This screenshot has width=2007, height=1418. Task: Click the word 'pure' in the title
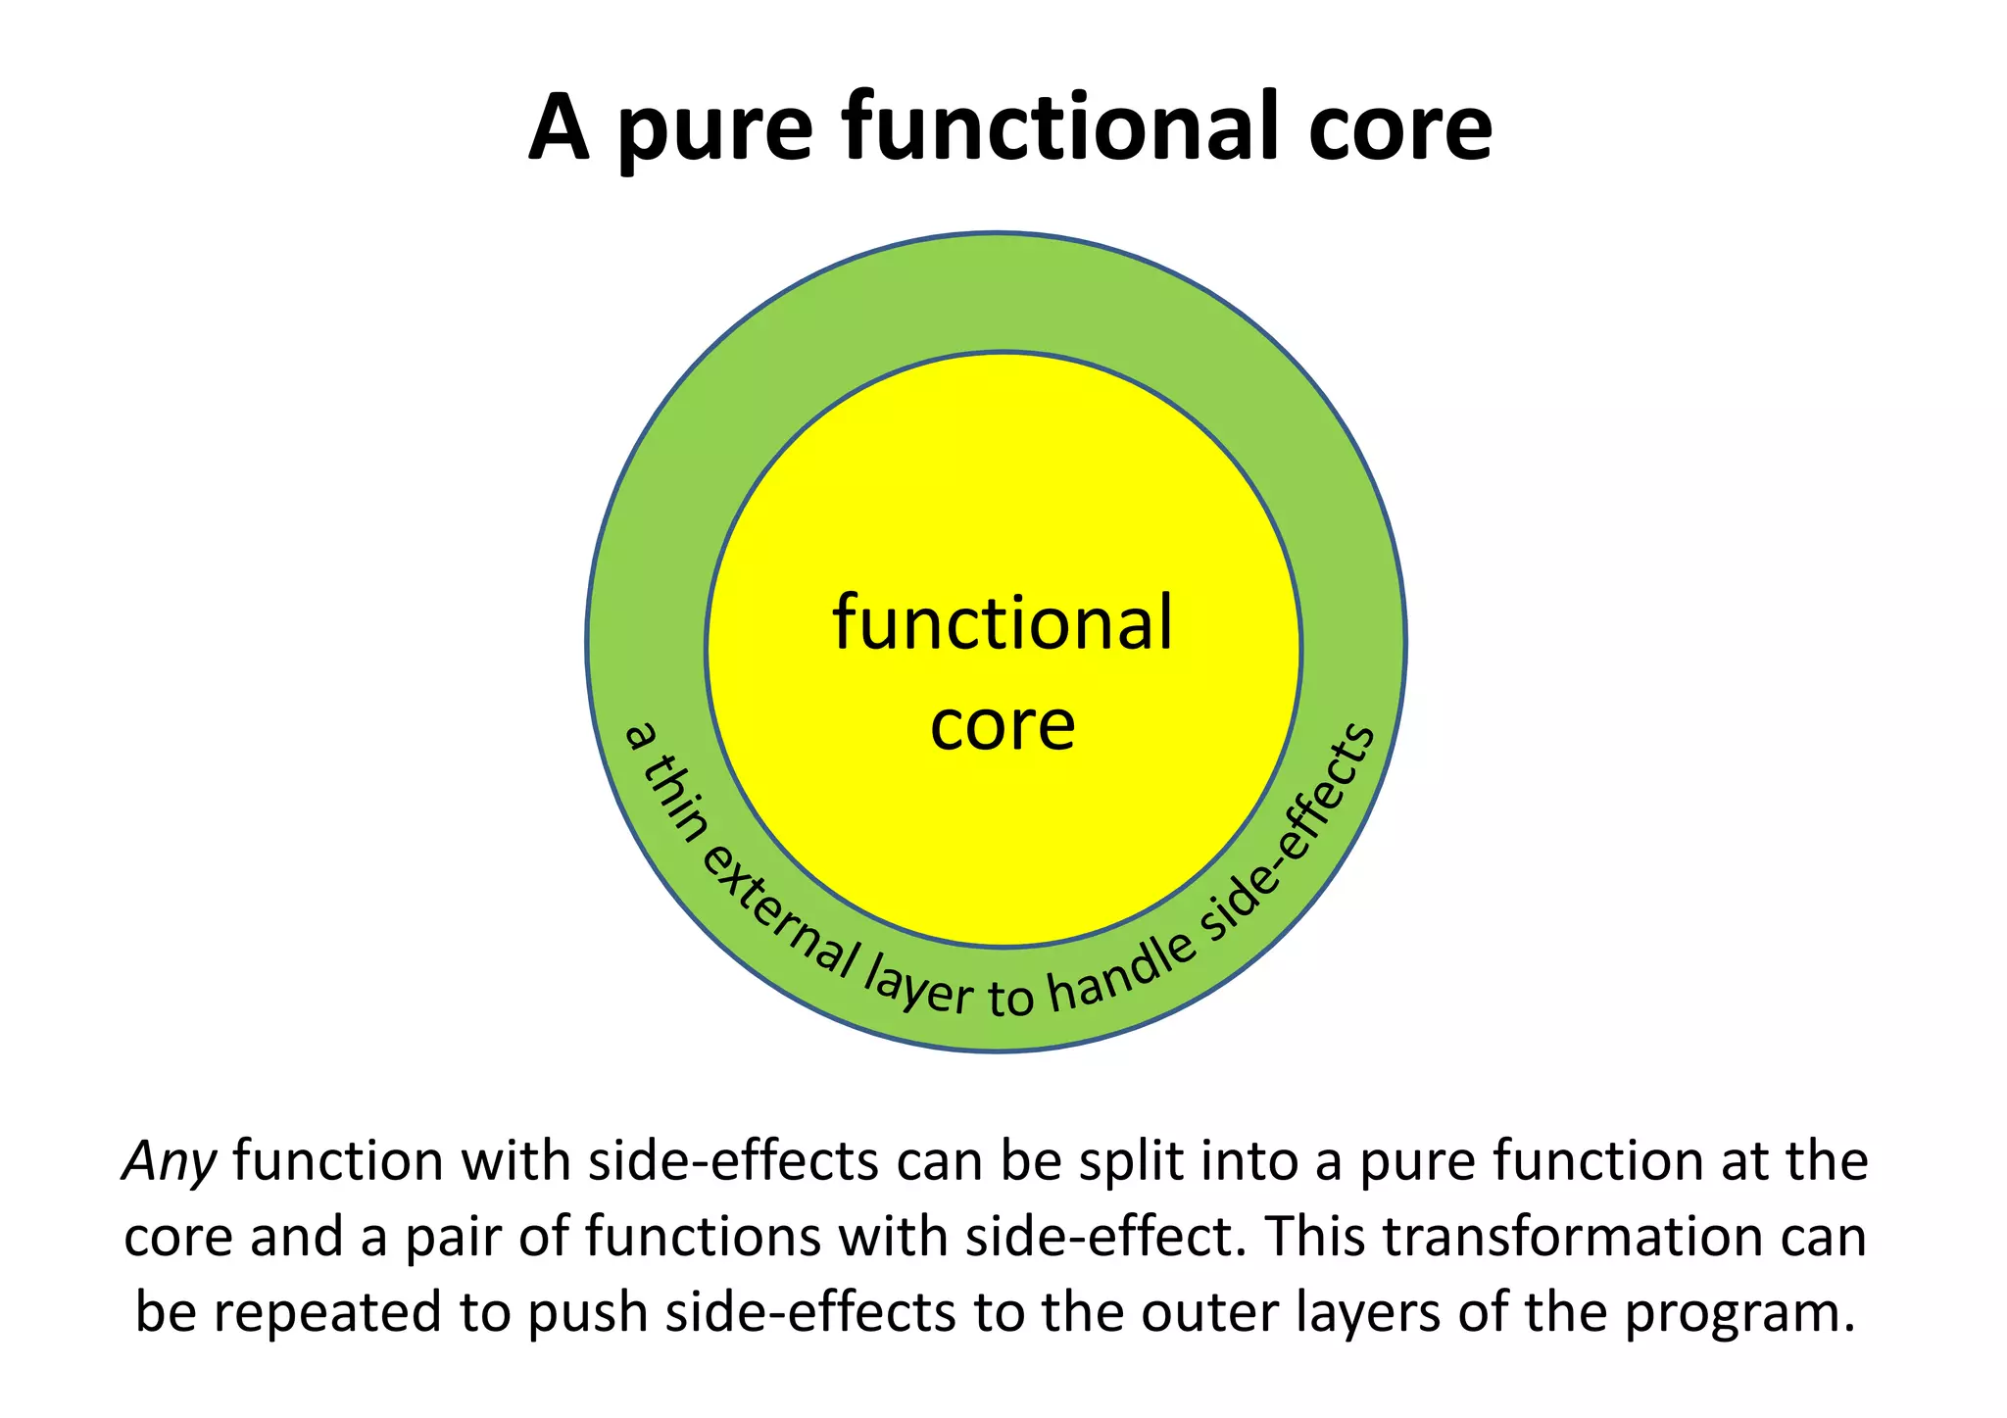(714, 132)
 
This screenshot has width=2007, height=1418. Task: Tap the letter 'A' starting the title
(560, 128)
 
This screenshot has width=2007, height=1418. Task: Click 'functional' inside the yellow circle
(1002, 623)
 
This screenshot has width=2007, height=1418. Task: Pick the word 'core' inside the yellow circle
(1002, 726)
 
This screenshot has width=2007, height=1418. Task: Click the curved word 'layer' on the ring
(918, 985)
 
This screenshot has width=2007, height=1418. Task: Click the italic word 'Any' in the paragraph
(169, 1162)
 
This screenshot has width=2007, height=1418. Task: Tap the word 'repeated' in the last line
(327, 1313)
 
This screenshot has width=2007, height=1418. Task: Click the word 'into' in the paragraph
(1248, 1162)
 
